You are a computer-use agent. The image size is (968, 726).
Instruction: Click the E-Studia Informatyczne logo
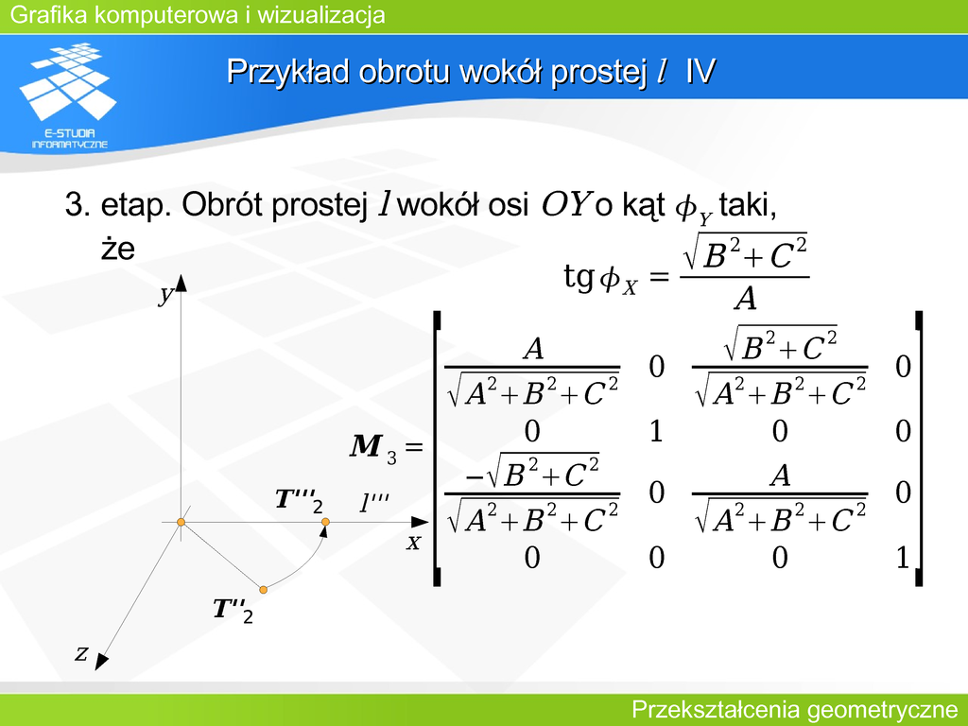(x=68, y=95)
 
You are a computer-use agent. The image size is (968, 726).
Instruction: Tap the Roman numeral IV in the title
(x=700, y=71)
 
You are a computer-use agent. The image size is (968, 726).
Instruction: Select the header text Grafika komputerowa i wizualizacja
(x=198, y=15)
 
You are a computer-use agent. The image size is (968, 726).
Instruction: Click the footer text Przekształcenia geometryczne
(x=794, y=710)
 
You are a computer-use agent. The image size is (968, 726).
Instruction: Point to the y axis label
(x=164, y=295)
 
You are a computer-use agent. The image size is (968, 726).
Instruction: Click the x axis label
(x=414, y=542)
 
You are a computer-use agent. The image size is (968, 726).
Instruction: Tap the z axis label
(x=81, y=652)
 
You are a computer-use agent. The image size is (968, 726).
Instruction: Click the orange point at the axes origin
(x=181, y=522)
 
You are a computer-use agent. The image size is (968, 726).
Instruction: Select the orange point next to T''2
(x=263, y=590)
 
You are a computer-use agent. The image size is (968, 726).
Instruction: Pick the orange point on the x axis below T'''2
(x=325, y=522)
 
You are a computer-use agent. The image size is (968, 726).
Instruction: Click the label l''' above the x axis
(x=374, y=503)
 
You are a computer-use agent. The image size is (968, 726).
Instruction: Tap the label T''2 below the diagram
(x=233, y=611)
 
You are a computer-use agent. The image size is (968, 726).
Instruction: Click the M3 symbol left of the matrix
(x=372, y=447)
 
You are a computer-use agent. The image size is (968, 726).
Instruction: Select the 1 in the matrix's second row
(x=656, y=430)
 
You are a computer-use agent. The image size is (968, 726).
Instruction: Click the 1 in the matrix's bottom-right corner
(x=903, y=558)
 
